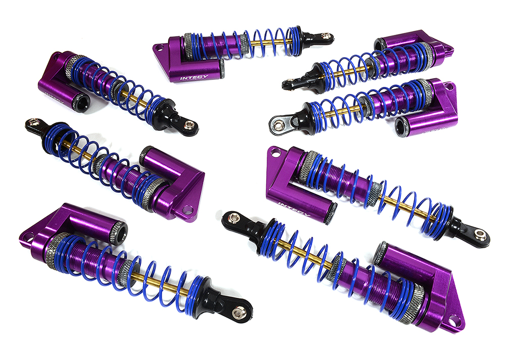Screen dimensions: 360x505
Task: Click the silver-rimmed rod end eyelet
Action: coord(277,122)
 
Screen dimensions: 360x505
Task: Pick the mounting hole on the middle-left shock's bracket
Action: coord(188,208)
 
